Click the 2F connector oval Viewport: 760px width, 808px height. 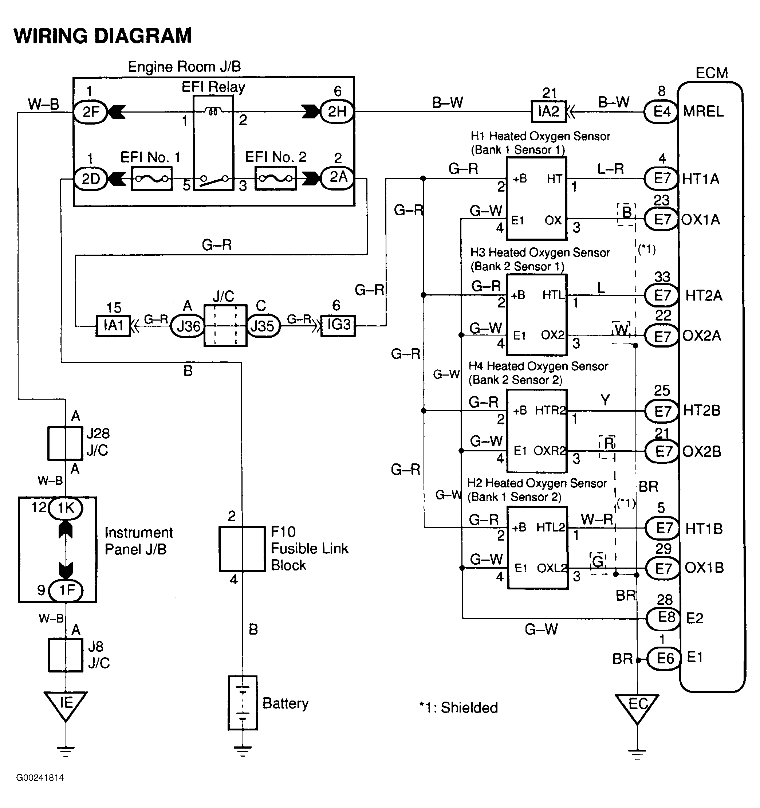tap(90, 111)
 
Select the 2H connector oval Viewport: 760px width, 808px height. tap(337, 111)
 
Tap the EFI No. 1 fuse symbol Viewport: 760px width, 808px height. tap(151, 179)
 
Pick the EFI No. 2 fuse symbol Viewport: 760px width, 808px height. tap(275, 179)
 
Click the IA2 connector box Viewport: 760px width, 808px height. tap(548, 111)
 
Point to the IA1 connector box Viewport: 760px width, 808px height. tap(113, 325)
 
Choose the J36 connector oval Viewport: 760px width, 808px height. tap(188, 326)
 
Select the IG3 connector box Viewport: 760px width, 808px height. tap(338, 325)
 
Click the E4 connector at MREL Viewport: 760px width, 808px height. tap(661, 111)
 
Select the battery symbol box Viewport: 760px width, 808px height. tap(243, 703)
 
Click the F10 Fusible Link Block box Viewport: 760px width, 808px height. tap(242, 549)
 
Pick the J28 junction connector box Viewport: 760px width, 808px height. tap(65, 443)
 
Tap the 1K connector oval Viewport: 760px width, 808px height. tap(66, 508)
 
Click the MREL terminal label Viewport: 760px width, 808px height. tap(703, 111)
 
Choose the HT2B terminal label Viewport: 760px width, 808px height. tap(701, 411)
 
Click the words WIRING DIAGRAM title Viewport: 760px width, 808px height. tap(103, 36)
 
